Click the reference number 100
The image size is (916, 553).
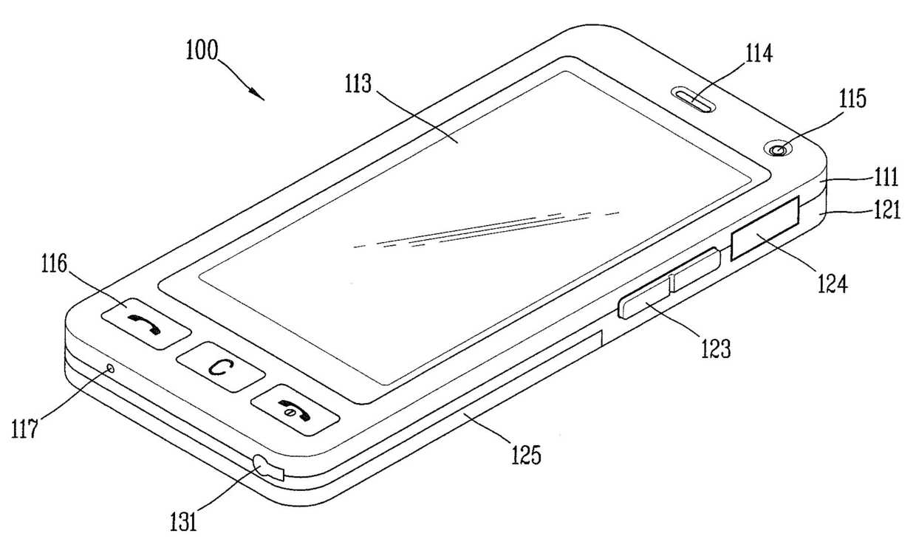202,51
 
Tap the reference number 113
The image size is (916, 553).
358,84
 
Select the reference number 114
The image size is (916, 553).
759,54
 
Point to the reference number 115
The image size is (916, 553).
852,99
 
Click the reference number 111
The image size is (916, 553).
886,177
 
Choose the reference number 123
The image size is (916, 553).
716,348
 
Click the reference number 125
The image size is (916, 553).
526,455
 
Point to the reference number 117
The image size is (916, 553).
24,428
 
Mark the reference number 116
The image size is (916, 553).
54,264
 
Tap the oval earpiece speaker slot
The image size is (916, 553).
694,100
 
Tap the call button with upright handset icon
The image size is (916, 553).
146,323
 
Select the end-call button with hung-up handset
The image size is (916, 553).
295,410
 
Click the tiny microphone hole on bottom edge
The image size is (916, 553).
109,368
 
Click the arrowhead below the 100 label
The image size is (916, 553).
258,95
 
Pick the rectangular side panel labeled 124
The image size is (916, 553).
765,227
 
